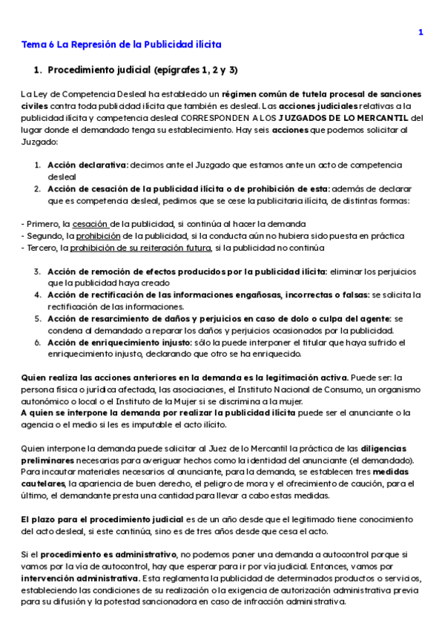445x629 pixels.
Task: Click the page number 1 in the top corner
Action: coord(421,32)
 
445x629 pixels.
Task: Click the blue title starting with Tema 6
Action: coord(121,45)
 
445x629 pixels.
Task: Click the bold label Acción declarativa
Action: coord(88,165)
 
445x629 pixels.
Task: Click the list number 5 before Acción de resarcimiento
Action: coord(37,318)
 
